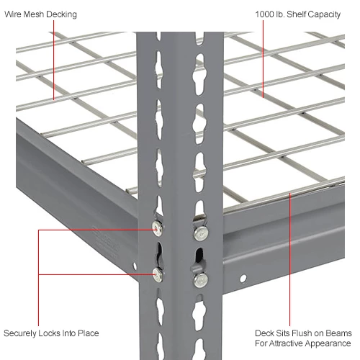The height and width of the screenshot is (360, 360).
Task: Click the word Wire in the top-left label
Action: (14, 14)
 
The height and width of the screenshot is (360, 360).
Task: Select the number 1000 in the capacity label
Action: (264, 14)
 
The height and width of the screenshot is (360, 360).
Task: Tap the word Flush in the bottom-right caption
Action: (300, 333)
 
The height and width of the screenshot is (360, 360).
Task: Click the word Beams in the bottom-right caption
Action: (336, 333)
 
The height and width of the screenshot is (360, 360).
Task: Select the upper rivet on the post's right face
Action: (198, 233)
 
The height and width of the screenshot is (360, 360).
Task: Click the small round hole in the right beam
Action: (243, 277)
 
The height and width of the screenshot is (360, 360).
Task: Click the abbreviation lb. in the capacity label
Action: (283, 14)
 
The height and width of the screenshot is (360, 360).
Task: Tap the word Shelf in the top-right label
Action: (301, 14)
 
